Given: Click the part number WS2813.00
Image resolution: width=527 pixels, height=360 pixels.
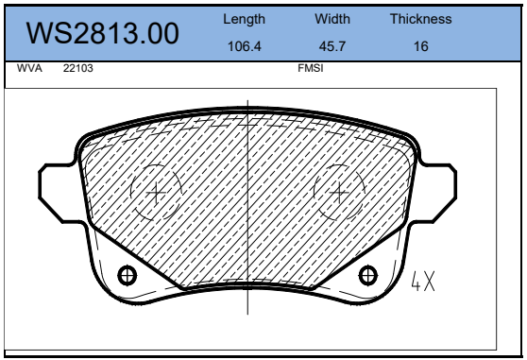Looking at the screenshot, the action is [103, 33].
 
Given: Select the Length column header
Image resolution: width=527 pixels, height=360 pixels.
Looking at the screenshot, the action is [244, 20].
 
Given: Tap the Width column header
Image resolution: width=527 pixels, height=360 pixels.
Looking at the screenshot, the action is [332, 19].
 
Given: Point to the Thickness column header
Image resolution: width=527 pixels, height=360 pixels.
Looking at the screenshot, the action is [421, 19].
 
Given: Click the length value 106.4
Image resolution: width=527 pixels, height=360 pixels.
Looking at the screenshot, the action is [245, 46].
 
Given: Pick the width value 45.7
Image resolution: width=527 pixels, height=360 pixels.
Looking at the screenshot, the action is [332, 46].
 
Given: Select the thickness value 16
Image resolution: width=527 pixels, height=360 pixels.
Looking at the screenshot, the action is [421, 46].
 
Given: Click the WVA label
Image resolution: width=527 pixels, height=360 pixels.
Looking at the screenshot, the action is [29, 68].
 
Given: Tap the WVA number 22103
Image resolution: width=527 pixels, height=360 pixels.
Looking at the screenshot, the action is [78, 68].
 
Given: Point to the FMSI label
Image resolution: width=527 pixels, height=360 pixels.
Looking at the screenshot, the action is [311, 68].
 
